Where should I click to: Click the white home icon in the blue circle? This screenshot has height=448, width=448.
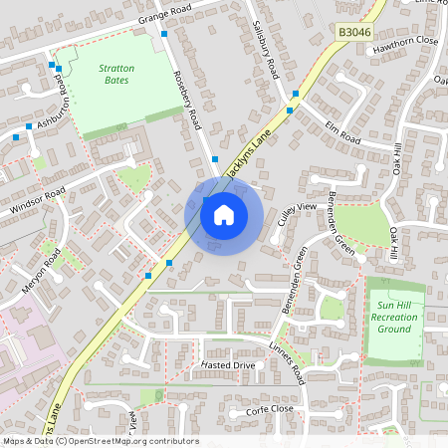[x=224, y=213]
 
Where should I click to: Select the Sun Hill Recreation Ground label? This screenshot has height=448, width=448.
[x=394, y=317]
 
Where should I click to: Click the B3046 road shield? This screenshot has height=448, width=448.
[x=353, y=33]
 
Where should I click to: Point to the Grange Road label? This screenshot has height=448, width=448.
[x=163, y=16]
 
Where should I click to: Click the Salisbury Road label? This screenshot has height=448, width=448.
[x=265, y=51]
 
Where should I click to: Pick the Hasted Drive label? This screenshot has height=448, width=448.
[x=228, y=366]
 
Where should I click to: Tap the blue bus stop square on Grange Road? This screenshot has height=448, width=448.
[x=164, y=33]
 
